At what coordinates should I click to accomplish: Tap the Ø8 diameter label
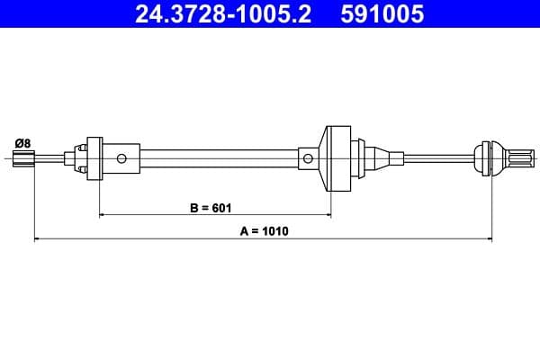(23, 141)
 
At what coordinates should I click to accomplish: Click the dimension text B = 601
(211, 208)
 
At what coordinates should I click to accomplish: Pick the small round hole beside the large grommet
(308, 159)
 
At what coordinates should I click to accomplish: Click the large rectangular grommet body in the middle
(340, 159)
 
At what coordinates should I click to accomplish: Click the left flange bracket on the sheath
(93, 159)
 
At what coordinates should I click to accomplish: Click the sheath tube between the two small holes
(216, 159)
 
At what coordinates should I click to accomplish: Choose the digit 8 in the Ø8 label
(28, 141)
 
